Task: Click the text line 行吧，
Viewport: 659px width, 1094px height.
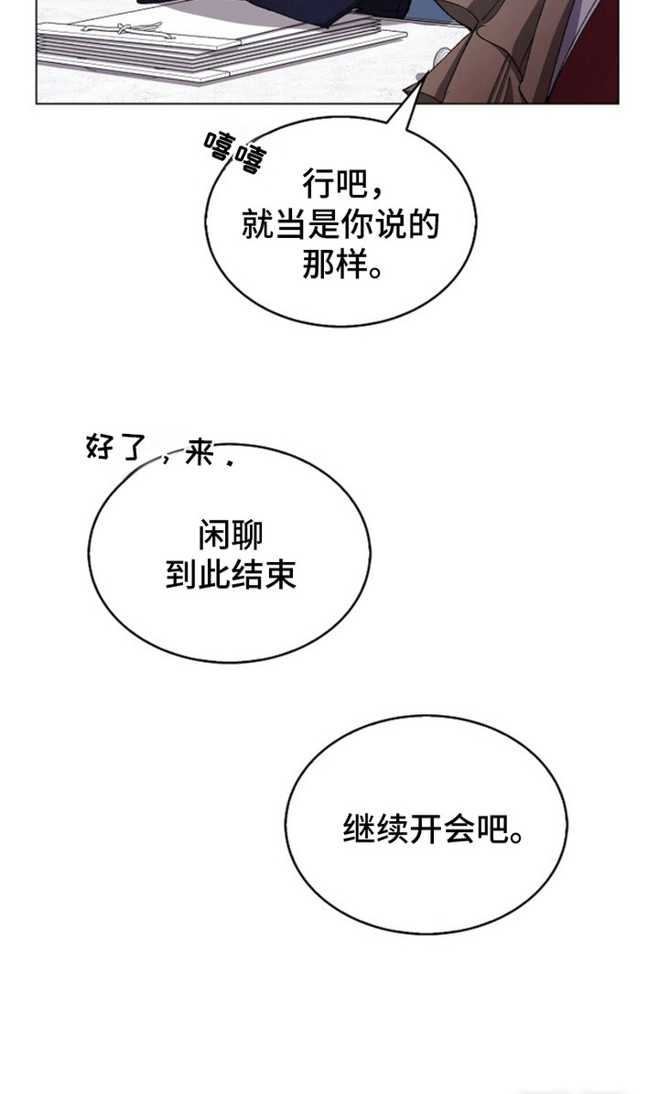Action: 342,185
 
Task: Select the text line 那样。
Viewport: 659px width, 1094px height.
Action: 342,265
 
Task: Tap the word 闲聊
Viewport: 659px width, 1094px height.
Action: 231,536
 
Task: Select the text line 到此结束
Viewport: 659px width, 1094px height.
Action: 231,574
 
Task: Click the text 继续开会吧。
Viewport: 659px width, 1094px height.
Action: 432,829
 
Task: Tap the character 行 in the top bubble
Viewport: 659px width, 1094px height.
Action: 318,185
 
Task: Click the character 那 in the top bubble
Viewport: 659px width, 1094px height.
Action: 318,265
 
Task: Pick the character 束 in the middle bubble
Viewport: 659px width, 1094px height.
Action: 281,574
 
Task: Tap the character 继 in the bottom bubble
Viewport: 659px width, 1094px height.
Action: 359,829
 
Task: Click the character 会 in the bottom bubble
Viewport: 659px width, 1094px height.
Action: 458,829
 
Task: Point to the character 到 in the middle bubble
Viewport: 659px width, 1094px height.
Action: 181,574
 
